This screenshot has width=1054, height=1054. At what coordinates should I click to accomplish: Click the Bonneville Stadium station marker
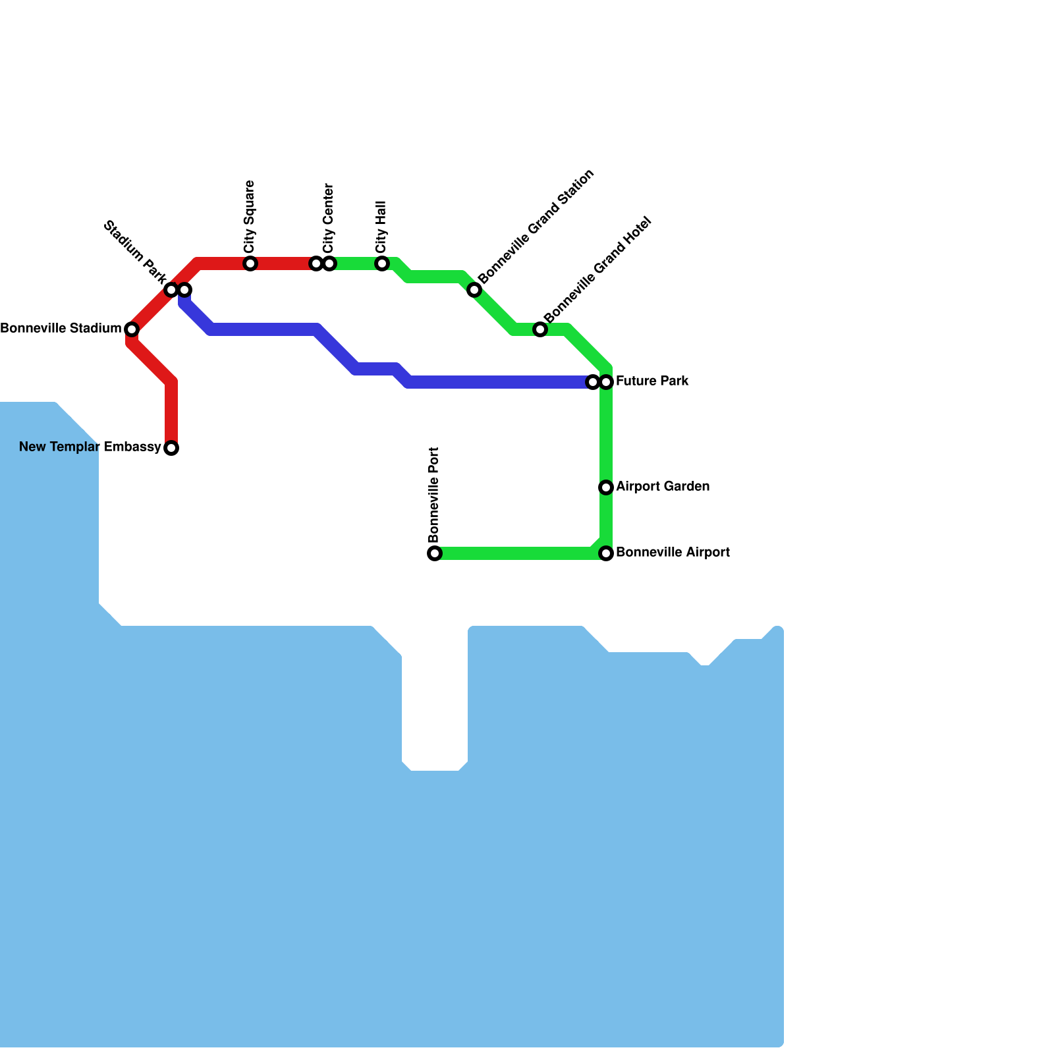[x=132, y=329]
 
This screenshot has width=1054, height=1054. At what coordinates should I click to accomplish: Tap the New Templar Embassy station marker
[x=171, y=448]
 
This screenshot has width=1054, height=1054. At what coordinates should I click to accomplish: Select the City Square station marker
[x=250, y=263]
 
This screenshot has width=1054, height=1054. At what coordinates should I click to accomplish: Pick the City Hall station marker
[x=382, y=263]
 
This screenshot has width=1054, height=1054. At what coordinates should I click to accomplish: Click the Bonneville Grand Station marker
[x=474, y=290]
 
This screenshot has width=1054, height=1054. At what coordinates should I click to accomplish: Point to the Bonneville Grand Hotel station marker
[x=540, y=329]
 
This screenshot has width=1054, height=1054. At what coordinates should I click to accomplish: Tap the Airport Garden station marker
[x=606, y=487]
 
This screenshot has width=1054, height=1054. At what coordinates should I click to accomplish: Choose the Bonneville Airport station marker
[x=606, y=553]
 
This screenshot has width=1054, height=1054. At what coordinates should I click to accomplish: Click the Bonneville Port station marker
[x=435, y=553]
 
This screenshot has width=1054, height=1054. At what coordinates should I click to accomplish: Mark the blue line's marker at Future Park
[x=593, y=382]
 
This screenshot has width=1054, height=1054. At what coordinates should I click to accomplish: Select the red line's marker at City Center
[x=316, y=263]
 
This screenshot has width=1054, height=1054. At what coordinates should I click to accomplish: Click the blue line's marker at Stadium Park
[x=185, y=290]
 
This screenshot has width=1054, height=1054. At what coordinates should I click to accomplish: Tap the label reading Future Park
[x=652, y=381]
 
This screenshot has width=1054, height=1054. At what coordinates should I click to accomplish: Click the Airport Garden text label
[x=663, y=486]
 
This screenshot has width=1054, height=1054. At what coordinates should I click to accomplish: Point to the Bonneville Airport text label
[x=673, y=552]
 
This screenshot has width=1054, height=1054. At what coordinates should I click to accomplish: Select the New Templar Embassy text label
[x=90, y=447]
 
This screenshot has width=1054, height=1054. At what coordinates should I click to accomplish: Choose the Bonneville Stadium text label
[x=61, y=328]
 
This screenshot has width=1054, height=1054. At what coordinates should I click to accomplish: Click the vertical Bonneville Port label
[x=433, y=494]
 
